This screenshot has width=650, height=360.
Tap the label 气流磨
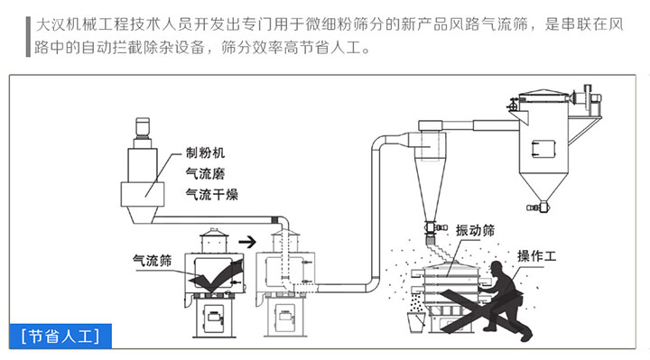point(204,172)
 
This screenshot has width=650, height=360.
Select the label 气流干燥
point(210,192)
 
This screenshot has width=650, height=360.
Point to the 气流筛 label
point(153,261)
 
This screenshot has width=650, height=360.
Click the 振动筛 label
point(475,230)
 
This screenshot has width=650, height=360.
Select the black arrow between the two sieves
point(246,241)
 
